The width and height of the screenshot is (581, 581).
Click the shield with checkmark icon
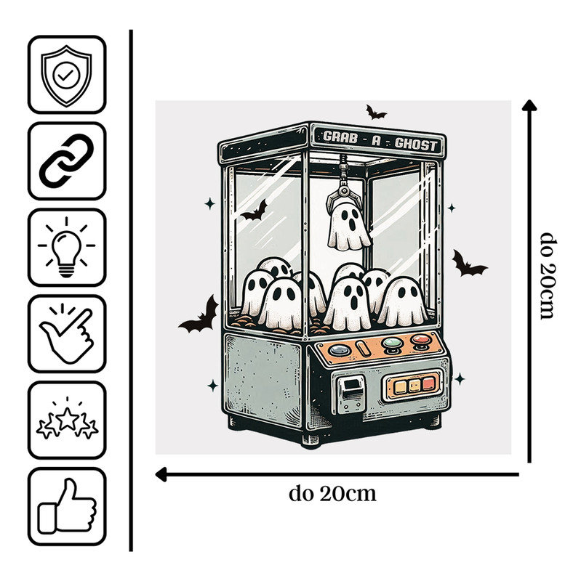tap(66, 76)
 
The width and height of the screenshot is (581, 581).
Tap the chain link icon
tap(67, 161)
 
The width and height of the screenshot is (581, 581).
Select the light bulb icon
tap(66, 247)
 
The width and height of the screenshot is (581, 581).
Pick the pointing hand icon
tap(67, 333)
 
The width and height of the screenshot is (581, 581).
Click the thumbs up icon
tap(67, 506)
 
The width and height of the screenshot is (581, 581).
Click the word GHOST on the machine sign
tap(416, 144)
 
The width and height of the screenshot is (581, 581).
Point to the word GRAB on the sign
tap(340, 137)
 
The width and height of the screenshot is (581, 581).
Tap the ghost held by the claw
tap(349, 226)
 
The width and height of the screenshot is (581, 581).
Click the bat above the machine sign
tap(375, 112)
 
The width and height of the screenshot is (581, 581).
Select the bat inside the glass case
tap(255, 211)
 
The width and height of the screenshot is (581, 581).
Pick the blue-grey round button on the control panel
tap(340, 350)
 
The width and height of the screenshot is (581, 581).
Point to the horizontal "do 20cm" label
tap(332, 494)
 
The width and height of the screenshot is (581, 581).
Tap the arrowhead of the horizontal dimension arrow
tap(161, 474)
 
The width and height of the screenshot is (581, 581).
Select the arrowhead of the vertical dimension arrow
tap(529, 105)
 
